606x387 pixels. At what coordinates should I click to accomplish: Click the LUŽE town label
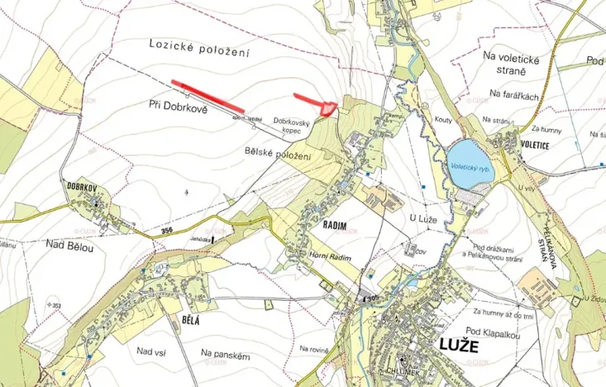[x=457, y=346]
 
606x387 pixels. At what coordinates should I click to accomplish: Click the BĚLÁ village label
[x=193, y=318]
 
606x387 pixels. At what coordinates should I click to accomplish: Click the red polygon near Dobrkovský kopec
[x=328, y=107]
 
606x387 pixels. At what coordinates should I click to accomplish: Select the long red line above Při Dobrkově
[x=208, y=95]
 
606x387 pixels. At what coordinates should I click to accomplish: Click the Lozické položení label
[x=198, y=47]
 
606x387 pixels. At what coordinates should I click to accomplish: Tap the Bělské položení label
[x=278, y=155]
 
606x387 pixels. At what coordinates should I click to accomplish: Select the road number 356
[x=169, y=231]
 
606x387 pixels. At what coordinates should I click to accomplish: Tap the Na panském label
[x=226, y=353]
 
